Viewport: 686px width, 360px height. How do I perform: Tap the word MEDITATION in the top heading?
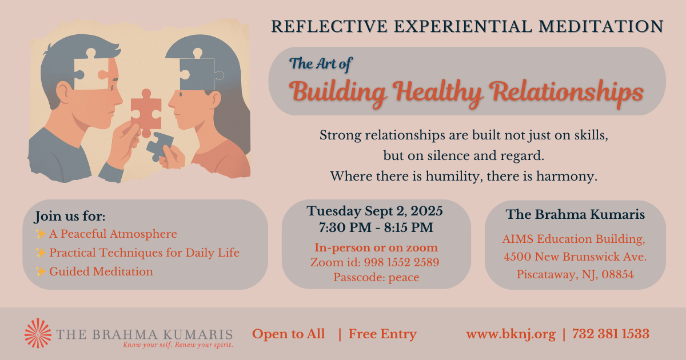point(601,26)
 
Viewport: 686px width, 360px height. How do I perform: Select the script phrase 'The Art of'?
point(321,64)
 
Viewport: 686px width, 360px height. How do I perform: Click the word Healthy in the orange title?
point(438,93)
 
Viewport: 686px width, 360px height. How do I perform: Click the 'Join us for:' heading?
point(70,216)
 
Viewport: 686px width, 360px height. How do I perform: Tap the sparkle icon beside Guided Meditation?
point(41,271)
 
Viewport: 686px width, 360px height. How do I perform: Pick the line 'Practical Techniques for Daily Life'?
point(144,253)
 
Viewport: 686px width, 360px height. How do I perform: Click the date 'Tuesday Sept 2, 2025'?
point(375,211)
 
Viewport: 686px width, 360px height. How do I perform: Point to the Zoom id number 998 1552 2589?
point(401,262)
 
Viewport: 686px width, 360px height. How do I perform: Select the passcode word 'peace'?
point(404,278)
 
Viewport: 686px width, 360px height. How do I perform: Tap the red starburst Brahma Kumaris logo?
point(38,333)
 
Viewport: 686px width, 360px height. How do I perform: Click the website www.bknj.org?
point(511,334)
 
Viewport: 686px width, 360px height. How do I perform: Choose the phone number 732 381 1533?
point(611,334)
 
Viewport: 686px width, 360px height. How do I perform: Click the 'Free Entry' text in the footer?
point(382,334)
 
